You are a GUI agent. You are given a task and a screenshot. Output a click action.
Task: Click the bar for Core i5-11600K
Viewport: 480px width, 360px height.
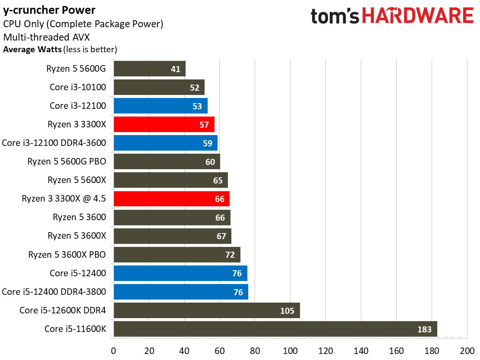[x=275, y=329]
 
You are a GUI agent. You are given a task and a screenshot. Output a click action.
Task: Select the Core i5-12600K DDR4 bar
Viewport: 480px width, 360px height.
[x=206, y=310]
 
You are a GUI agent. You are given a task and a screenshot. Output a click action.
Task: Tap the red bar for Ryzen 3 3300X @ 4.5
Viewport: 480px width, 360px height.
[x=171, y=199]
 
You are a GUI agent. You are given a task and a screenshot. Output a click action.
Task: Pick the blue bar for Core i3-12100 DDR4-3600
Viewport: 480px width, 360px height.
[x=165, y=143]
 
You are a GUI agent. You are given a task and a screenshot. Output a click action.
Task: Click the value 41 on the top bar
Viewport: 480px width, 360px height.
[x=176, y=69]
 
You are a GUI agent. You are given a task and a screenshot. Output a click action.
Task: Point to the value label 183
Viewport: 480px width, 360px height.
[x=424, y=329]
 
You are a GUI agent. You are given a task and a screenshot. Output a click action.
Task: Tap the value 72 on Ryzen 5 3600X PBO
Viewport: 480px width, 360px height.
[x=230, y=255]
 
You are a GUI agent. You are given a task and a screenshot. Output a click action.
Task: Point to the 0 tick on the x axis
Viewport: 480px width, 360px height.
[x=113, y=351]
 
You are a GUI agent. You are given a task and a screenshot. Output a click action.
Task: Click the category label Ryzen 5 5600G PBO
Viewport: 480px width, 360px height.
[x=66, y=161]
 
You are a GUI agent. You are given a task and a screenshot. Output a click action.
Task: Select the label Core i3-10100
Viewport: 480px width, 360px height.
[x=78, y=87]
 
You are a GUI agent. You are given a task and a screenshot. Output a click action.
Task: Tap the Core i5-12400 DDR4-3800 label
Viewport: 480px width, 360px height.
[x=54, y=292]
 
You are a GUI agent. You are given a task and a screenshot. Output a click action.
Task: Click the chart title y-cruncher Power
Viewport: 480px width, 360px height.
[x=49, y=10]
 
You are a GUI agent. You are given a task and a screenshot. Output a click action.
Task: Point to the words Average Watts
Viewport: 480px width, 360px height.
[x=32, y=49]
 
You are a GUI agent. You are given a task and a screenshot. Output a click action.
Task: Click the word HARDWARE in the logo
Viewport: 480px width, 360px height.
[x=417, y=16]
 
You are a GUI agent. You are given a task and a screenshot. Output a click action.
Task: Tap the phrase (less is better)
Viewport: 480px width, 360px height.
[x=90, y=49]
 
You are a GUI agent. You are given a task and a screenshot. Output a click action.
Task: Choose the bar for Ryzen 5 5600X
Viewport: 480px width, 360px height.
[x=171, y=180]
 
